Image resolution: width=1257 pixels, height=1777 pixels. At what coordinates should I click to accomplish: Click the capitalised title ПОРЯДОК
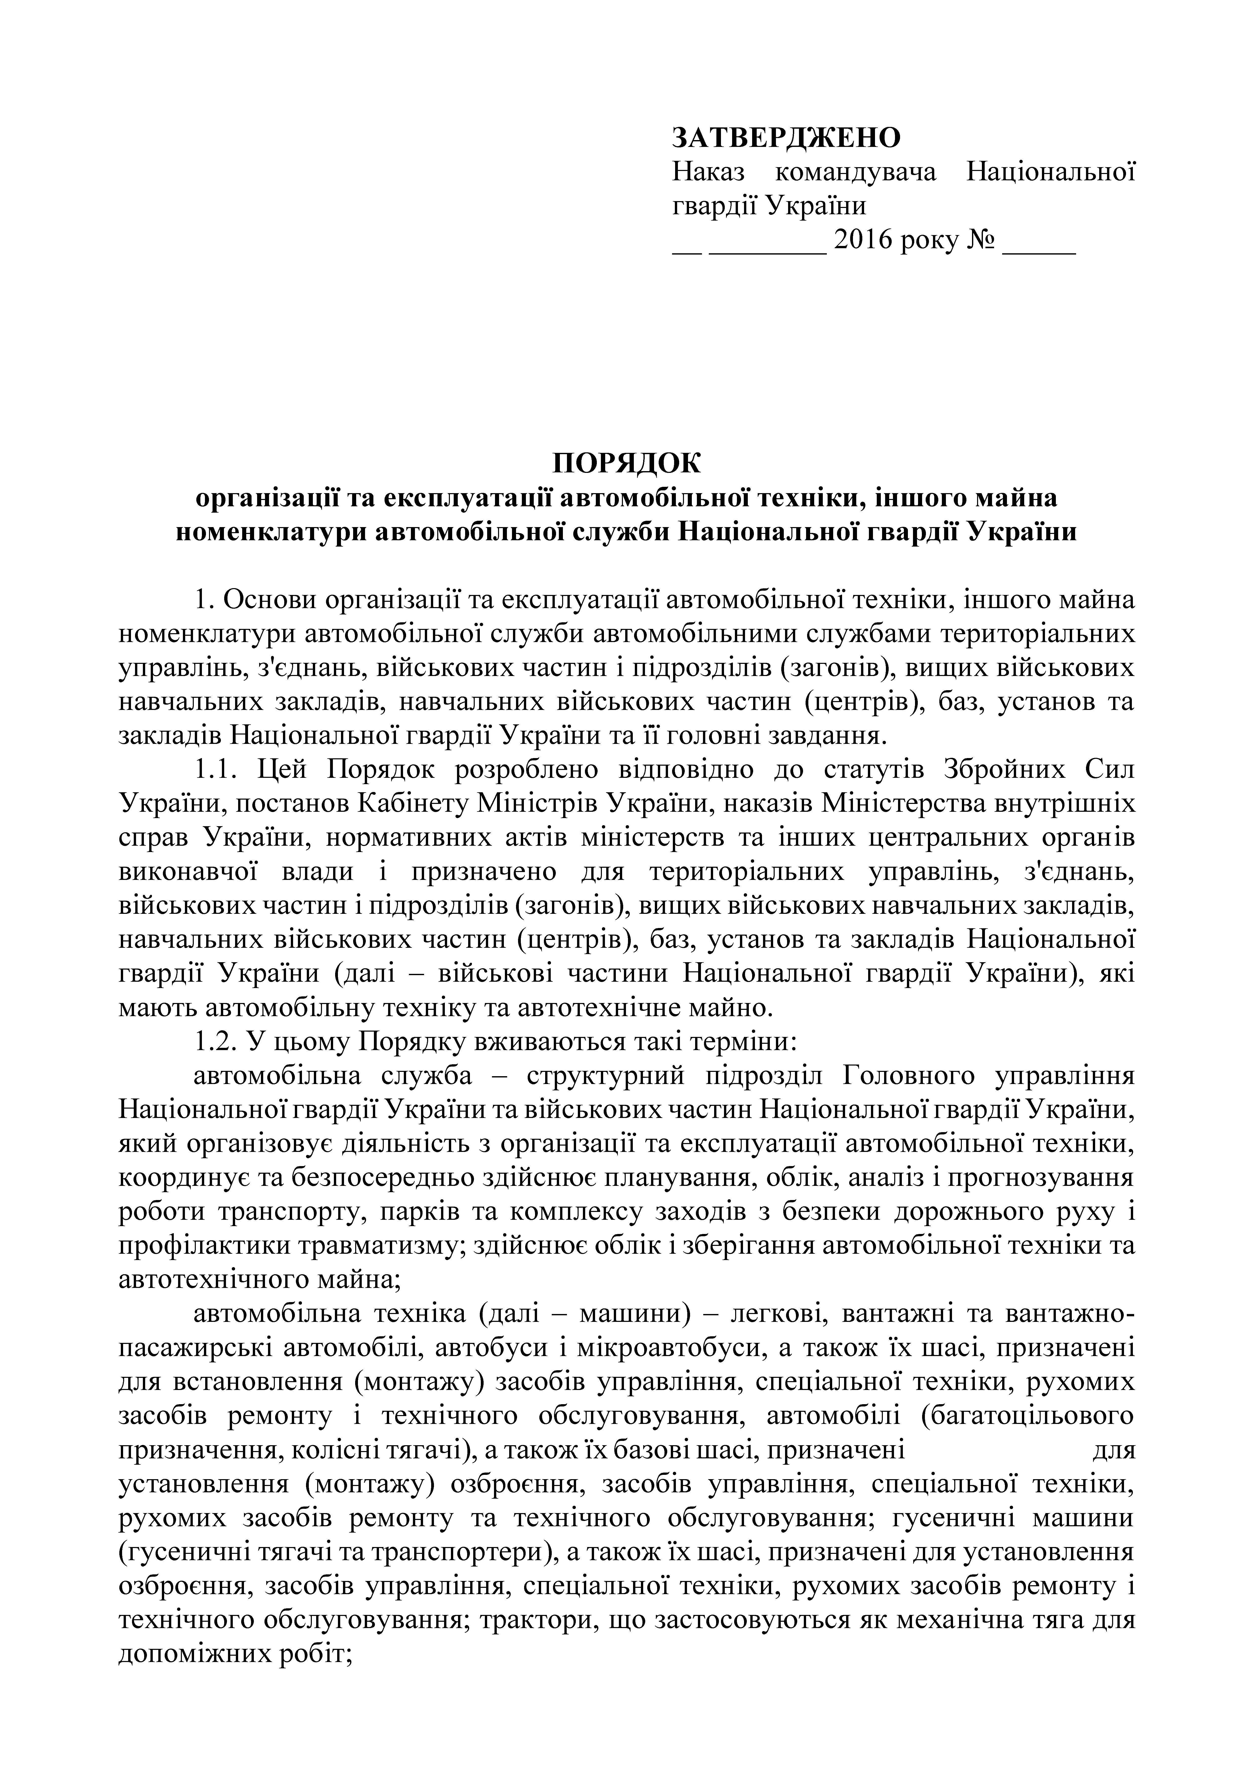click(627, 463)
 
